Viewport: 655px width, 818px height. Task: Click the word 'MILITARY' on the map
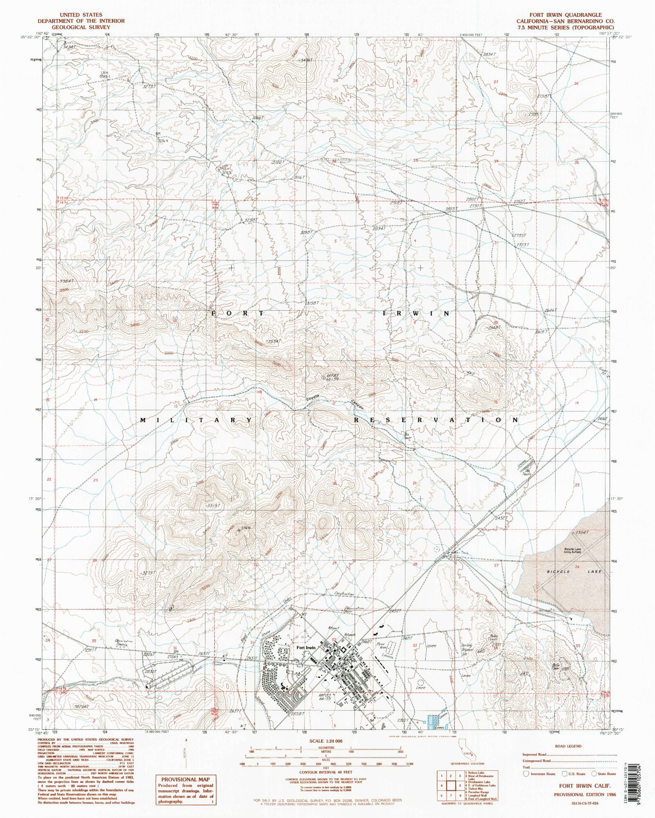196,420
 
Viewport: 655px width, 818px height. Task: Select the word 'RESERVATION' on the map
436,420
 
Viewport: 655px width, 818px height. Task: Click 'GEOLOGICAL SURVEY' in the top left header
76,27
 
